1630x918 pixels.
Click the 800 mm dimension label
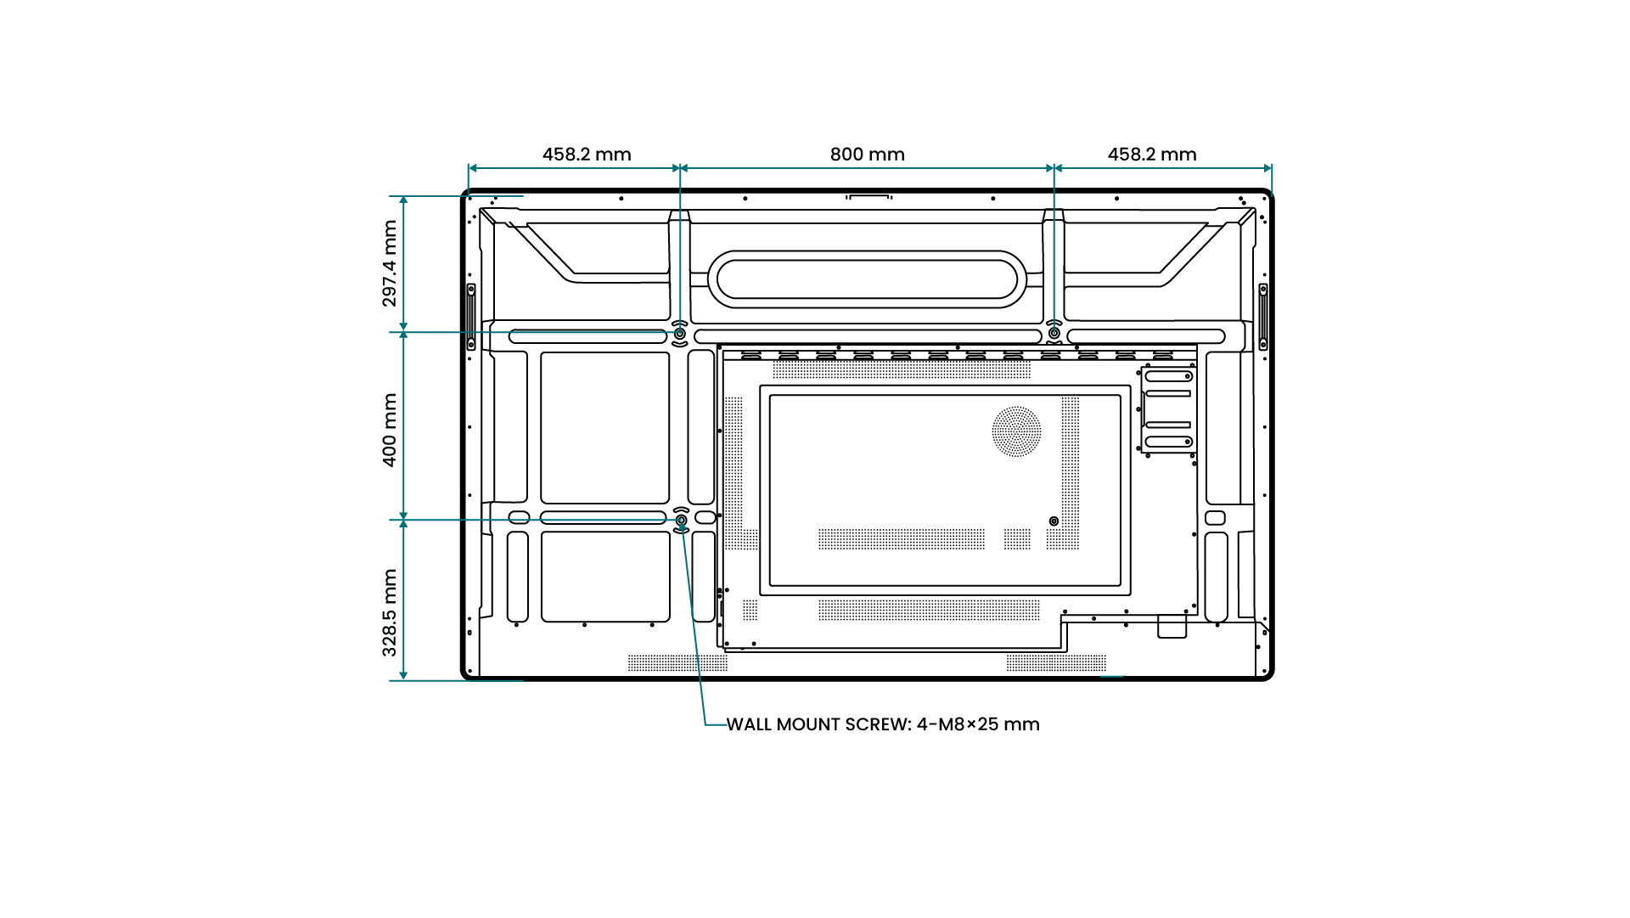coord(867,155)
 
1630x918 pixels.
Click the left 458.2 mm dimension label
coord(587,155)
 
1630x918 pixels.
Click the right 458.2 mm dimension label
coord(1151,155)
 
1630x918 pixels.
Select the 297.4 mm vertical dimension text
coord(390,263)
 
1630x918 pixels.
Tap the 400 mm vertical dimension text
coord(390,430)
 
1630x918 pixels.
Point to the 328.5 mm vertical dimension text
coord(390,612)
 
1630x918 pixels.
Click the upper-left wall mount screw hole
coord(680,334)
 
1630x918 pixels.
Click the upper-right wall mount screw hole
coord(1054,333)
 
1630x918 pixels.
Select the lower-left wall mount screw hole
coord(681,520)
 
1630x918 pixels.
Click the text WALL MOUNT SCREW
coord(818,724)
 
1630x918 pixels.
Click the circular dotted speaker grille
coord(1016,431)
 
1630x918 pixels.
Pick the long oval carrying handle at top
coord(867,279)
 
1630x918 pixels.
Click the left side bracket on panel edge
coord(471,317)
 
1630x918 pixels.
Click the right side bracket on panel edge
coord(1262,317)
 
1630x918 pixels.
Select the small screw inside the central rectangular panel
coord(1054,521)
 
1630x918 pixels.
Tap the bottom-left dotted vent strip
coord(677,662)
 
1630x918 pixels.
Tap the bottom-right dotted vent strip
coord(1056,662)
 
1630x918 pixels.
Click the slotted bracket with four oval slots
coord(1168,409)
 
